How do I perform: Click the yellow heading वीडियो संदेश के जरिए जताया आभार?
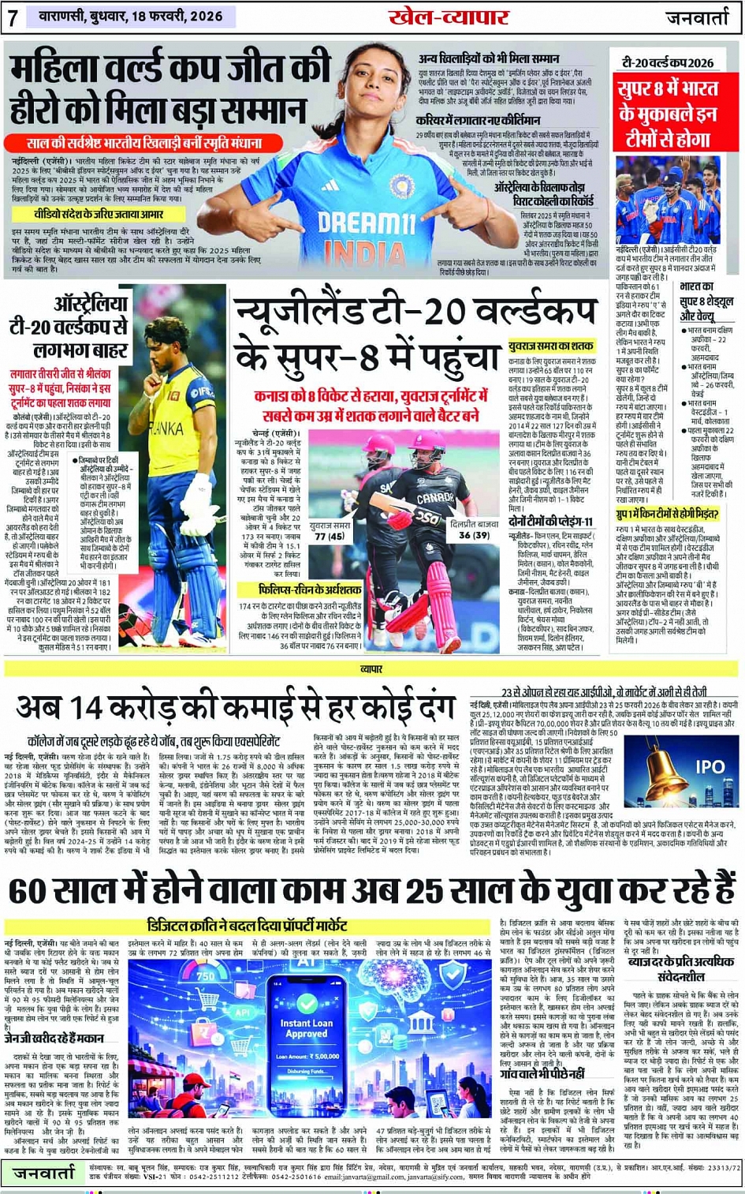pyautogui.click(x=99, y=214)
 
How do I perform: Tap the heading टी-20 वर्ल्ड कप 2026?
pyautogui.click(x=668, y=62)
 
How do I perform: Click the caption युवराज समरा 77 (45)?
pyautogui.click(x=330, y=530)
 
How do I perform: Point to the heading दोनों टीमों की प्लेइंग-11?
pyautogui.click(x=551, y=522)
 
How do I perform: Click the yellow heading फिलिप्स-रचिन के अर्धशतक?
pyautogui.click(x=310, y=590)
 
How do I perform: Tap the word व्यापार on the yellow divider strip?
pyautogui.click(x=371, y=668)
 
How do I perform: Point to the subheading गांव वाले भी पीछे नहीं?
pyautogui.click(x=543, y=1074)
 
